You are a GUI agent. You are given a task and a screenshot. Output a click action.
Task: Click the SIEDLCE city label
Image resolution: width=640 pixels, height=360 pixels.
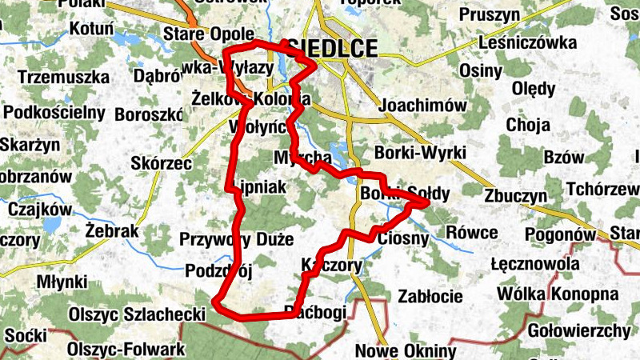(x=335, y=49)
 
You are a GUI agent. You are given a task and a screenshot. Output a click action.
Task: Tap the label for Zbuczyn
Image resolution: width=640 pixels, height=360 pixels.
(x=515, y=197)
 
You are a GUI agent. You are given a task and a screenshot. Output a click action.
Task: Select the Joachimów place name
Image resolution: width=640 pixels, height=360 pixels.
(x=422, y=106)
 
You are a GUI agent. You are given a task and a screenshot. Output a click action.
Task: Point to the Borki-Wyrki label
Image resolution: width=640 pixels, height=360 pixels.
(x=419, y=152)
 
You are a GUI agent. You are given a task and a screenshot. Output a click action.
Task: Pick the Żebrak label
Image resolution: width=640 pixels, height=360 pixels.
(x=112, y=231)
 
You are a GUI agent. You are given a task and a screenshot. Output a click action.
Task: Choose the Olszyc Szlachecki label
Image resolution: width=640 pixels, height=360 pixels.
(x=138, y=315)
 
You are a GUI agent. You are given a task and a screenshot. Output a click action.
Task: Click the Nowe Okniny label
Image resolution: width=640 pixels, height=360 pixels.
(x=406, y=350)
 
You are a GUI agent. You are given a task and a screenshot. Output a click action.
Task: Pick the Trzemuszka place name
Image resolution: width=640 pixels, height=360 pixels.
(x=62, y=78)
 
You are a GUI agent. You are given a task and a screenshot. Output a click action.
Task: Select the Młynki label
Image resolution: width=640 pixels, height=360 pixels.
(x=62, y=282)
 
